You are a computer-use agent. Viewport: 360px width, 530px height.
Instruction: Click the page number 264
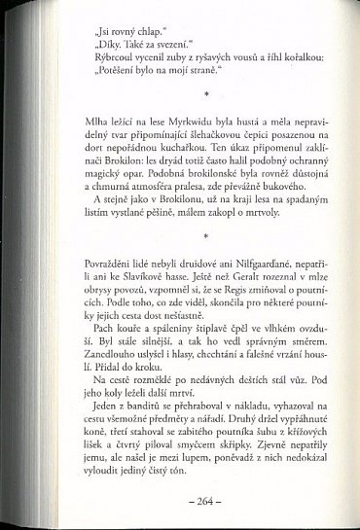(x=179, y=501)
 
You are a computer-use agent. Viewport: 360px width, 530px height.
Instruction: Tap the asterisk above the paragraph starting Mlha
(x=179, y=93)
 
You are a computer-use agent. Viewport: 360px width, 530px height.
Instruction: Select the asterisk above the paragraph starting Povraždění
(x=179, y=234)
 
